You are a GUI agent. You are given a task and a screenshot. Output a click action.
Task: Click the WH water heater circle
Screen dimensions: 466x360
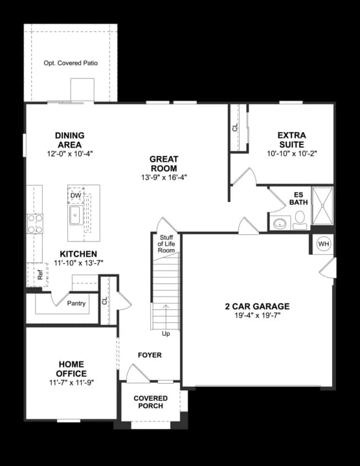coord(323,244)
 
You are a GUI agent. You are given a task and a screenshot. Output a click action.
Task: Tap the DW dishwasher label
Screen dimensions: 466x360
coord(76,195)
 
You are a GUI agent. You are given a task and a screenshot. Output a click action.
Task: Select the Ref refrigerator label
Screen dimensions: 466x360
coord(39,274)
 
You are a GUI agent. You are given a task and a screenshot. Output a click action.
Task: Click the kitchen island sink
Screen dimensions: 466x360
coord(74,216)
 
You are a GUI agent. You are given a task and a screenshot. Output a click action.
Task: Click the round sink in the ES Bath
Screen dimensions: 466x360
coord(280,224)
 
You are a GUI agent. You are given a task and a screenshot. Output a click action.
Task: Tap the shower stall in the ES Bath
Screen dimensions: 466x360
coord(322,205)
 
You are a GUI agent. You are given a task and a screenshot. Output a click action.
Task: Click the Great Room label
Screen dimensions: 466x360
coord(164,163)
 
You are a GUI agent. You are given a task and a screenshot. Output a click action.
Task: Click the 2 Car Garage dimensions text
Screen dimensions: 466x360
coord(257,316)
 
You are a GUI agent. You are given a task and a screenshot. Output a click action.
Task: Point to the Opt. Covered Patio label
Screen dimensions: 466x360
coord(71,63)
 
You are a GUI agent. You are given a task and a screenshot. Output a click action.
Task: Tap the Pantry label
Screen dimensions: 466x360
coord(76,303)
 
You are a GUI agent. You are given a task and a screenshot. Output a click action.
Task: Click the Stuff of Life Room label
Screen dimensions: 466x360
coord(166,244)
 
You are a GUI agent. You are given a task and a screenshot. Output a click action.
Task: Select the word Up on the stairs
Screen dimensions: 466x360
coord(166,334)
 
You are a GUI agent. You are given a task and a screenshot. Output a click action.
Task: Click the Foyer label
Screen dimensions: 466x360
coord(150,355)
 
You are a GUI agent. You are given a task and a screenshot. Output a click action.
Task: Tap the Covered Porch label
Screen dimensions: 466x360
coord(150,402)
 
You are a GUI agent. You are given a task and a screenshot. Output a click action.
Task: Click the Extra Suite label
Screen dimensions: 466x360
coord(291,140)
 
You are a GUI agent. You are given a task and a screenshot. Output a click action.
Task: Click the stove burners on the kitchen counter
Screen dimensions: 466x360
coord(34,223)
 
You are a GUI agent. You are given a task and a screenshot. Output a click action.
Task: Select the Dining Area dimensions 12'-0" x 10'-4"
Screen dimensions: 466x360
coord(70,154)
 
